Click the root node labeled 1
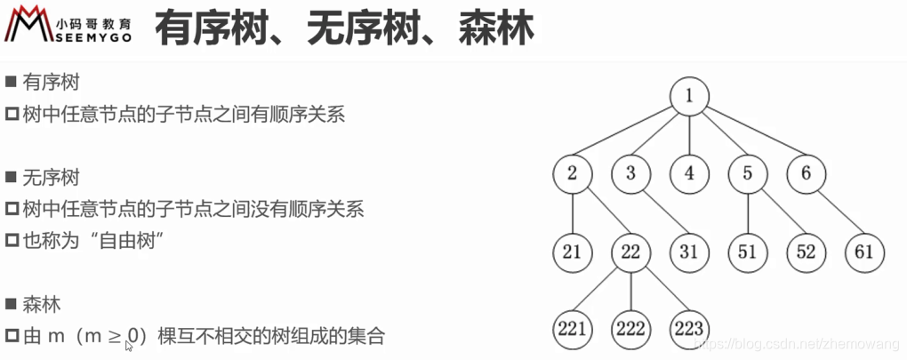coord(690,96)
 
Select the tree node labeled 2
coord(572,173)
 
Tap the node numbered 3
coord(630,173)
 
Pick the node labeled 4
coord(689,173)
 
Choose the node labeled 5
coord(747,173)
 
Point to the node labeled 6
coord(806,173)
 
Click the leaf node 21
coord(572,252)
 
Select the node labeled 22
coord(630,252)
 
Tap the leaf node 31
coord(689,252)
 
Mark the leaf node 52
coord(806,252)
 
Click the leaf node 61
coord(864,252)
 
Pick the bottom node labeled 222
coord(630,329)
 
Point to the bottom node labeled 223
coord(689,329)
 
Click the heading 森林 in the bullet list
coord(43,304)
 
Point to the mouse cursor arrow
coord(130,346)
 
